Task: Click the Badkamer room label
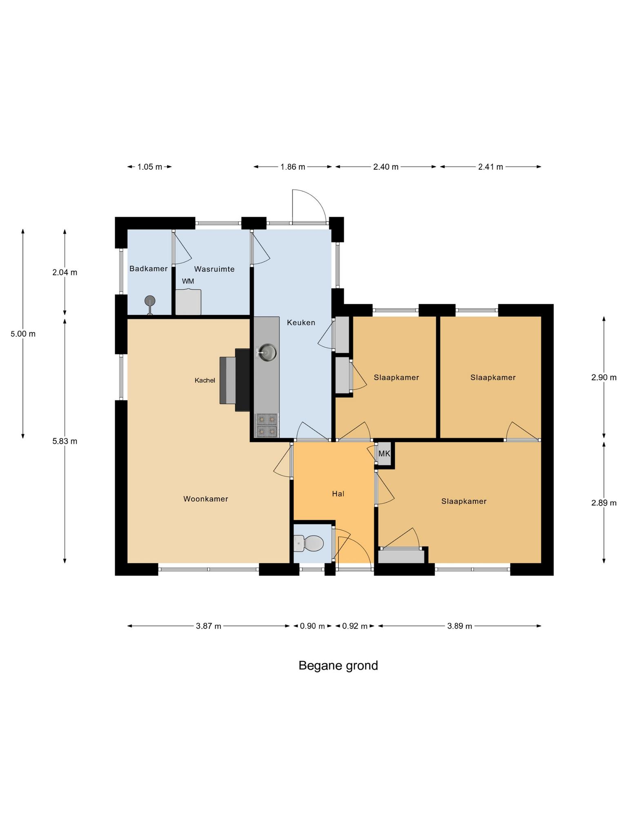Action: tap(148, 269)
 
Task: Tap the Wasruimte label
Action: tap(214, 269)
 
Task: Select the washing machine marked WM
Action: tap(188, 302)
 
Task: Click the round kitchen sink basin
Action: tap(267, 351)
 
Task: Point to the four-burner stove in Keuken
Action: tap(266, 425)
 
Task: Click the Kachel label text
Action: tap(205, 380)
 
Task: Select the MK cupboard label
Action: tap(384, 454)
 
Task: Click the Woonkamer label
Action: tap(205, 499)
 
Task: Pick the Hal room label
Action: tap(338, 494)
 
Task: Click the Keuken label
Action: tap(301, 322)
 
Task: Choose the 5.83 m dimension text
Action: tap(64, 441)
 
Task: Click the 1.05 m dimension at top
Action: tap(149, 167)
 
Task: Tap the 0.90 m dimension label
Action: tap(312, 626)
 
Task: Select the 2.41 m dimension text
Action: tap(490, 167)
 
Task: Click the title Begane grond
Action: tap(338, 666)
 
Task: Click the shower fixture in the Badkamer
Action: tap(150, 302)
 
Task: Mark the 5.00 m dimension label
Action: tap(23, 334)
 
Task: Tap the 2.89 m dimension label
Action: tap(603, 503)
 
